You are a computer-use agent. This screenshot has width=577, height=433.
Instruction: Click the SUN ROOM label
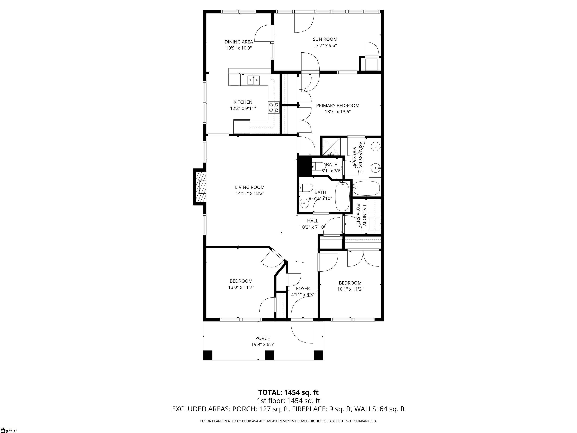click(x=325, y=39)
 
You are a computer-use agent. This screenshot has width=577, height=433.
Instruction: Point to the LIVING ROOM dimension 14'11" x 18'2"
click(x=250, y=193)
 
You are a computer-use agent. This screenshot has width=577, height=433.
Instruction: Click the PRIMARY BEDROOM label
click(x=338, y=105)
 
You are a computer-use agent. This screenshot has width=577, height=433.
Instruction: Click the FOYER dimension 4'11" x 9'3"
click(x=303, y=295)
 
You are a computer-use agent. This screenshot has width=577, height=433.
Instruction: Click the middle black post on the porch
click(x=270, y=355)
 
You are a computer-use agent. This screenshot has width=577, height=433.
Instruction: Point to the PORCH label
click(x=263, y=338)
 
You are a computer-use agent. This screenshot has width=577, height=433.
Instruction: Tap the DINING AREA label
click(x=239, y=42)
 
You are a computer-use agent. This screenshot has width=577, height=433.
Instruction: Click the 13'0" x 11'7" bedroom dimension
click(x=241, y=287)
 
